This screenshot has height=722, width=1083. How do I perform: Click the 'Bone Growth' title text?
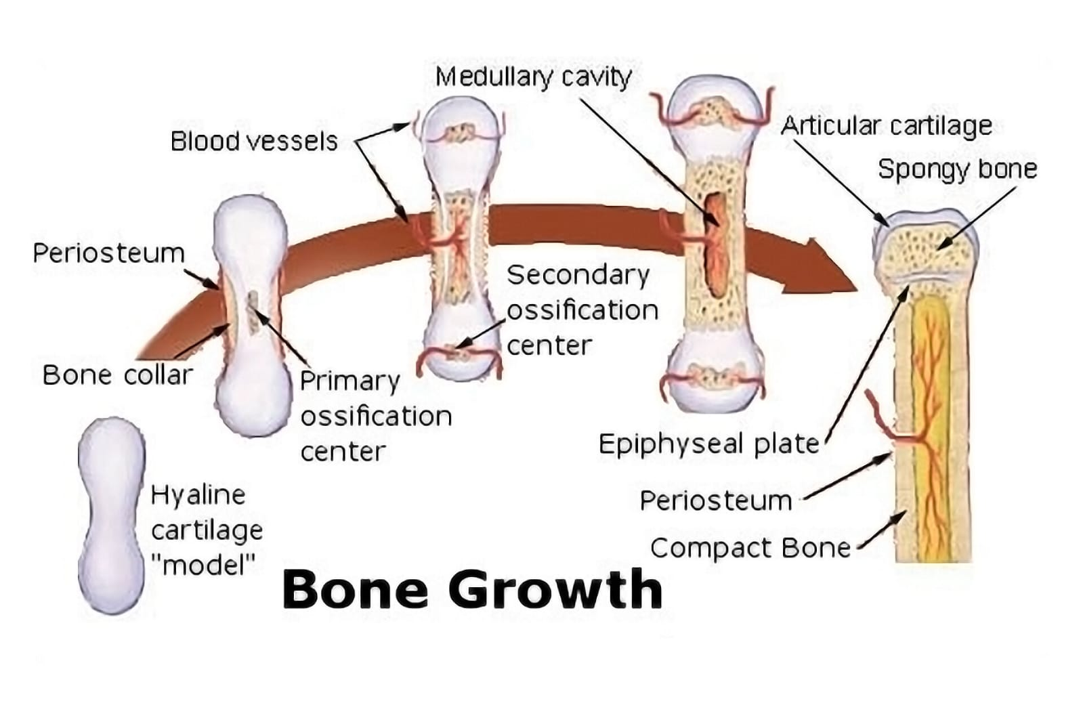472,589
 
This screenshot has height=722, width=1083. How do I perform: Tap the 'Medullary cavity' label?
533,77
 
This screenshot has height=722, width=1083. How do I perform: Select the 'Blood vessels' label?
254,142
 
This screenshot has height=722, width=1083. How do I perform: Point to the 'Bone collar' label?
117,375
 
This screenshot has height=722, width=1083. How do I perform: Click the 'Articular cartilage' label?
886,126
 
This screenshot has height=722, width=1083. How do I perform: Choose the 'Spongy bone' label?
957,169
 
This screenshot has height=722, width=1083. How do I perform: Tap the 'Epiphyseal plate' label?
708,444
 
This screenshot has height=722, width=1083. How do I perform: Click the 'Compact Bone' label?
750,548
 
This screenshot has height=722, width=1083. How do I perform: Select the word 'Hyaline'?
197,495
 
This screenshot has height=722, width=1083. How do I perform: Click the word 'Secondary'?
578,275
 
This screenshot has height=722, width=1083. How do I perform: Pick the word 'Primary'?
349,381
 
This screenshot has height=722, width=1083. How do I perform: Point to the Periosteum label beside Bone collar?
108,253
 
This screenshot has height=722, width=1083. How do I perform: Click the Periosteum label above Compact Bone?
715,501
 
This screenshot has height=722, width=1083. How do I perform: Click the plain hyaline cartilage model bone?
112,515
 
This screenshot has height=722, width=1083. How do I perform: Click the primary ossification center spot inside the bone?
253,312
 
